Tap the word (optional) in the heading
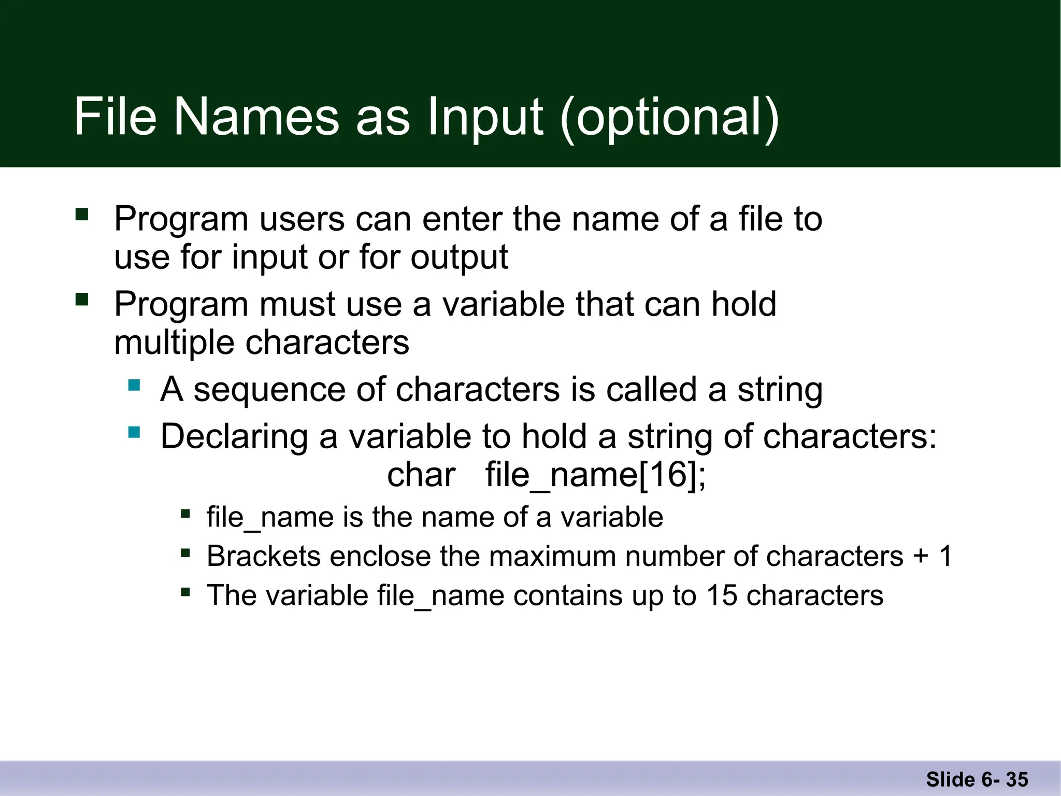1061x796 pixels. [x=669, y=118]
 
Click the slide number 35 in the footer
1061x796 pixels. [x=1017, y=779]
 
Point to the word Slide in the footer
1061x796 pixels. [x=950, y=779]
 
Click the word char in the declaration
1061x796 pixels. [x=421, y=475]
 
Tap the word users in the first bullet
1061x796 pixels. [x=302, y=219]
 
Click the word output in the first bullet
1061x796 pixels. [x=459, y=258]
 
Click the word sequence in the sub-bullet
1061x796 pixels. [x=269, y=390]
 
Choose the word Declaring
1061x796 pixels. [x=234, y=437]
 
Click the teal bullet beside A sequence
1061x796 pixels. [x=134, y=385]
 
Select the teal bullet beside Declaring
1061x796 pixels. [x=134, y=432]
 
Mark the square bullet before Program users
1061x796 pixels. [x=82, y=214]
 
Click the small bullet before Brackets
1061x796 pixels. [x=185, y=553]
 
